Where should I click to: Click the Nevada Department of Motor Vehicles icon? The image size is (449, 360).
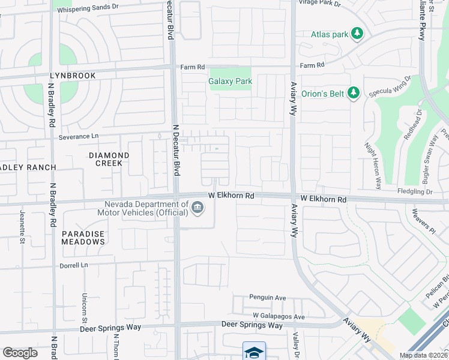(197, 208)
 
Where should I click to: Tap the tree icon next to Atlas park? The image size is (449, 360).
(358, 34)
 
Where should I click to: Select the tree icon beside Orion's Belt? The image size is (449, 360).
(354, 92)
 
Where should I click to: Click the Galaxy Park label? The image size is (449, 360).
(230, 81)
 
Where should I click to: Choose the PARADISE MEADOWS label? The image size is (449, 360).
(83, 238)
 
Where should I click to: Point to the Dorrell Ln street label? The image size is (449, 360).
(74, 265)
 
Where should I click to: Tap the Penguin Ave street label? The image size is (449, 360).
(268, 297)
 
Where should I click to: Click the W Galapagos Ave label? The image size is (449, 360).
(279, 316)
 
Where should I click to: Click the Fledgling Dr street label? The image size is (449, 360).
(415, 192)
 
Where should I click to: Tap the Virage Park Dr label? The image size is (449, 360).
(319, 3)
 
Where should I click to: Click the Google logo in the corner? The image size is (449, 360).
(20, 352)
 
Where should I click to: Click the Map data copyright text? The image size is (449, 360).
(424, 355)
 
